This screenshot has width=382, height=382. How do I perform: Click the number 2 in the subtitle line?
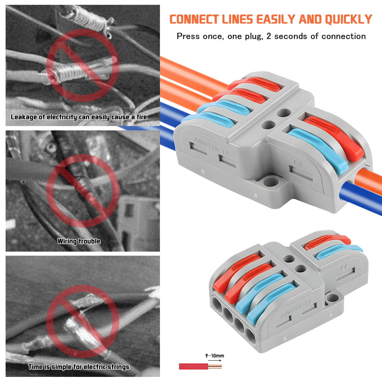click(269, 36)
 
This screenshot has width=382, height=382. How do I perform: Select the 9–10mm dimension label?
click(215, 356)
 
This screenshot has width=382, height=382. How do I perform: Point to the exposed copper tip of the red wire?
click(215, 367)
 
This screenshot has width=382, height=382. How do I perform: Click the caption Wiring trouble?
click(79, 241)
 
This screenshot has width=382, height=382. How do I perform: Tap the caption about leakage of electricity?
click(79, 117)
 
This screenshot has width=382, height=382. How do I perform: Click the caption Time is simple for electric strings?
click(79, 367)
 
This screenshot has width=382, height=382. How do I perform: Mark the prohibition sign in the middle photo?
click(83, 191)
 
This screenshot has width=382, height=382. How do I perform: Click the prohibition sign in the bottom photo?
click(83, 321)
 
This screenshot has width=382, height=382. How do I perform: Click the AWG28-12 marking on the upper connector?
click(211, 146)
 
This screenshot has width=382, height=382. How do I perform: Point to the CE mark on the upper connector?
click(298, 162)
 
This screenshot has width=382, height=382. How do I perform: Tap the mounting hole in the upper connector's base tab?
click(271, 182)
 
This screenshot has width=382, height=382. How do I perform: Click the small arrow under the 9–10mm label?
click(215, 361)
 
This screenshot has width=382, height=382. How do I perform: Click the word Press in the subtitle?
click(188, 36)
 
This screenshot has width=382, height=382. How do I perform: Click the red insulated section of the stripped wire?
click(193, 367)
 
